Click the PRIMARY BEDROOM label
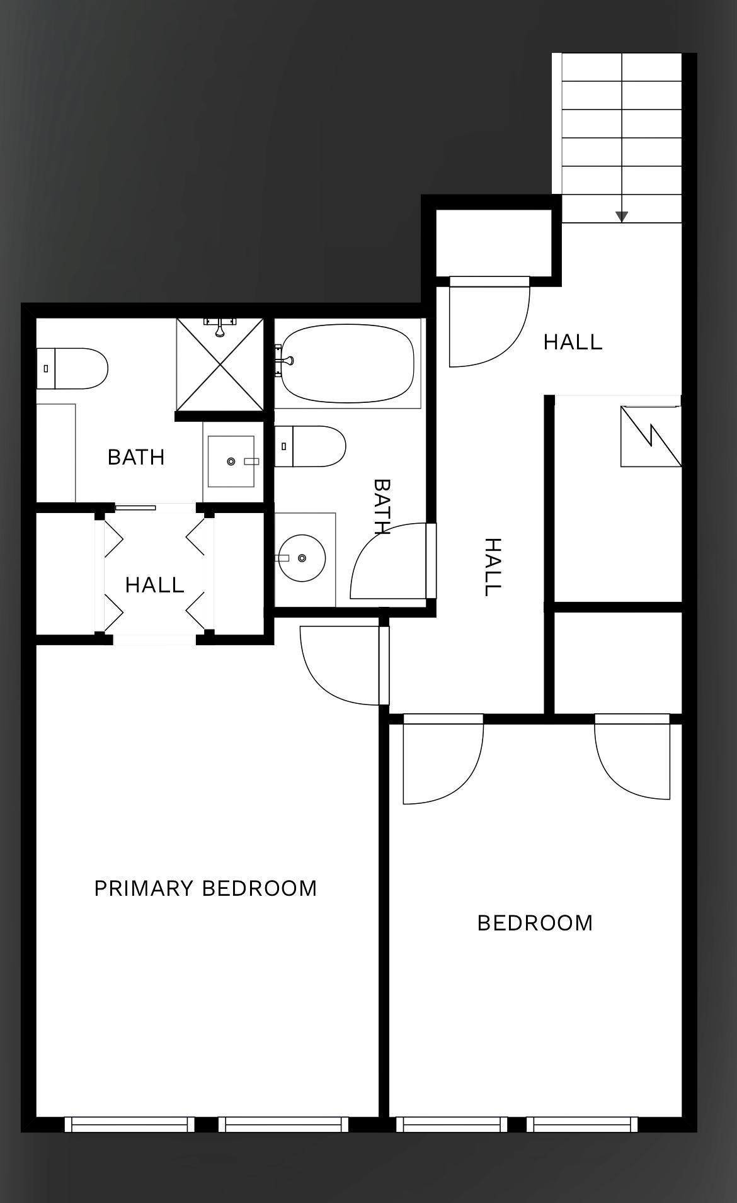coord(205,888)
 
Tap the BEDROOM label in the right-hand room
coord(535,923)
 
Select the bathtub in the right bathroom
coord(347,363)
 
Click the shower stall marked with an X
coord(220,364)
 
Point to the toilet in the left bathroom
coord(72,368)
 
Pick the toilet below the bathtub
coord(311,446)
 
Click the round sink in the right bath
coord(302,558)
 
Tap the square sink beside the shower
coord(231,461)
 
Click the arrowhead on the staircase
coord(622,217)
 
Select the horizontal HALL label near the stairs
coord(573,342)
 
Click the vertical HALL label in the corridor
coord(492,567)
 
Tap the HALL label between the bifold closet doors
coord(154,585)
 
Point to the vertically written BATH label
coord(382,507)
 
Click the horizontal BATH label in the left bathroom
coord(136,457)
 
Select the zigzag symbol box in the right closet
coord(651,436)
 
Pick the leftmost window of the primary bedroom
coord(129,1124)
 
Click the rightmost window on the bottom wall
coord(582,1124)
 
